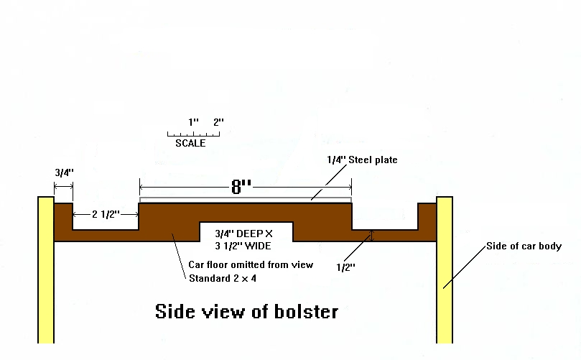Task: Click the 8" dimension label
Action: tap(241, 188)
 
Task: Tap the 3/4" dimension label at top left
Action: tap(64, 172)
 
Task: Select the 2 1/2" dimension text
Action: tap(106, 214)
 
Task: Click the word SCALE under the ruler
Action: tap(190, 144)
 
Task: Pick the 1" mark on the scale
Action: tap(193, 122)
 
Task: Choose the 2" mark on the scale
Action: tap(218, 122)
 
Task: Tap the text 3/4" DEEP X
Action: tap(246, 232)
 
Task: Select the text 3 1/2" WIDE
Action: tap(246, 245)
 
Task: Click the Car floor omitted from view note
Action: tap(251, 264)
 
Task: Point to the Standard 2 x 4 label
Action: tap(223, 277)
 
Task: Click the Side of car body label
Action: tap(524, 246)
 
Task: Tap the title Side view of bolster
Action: tap(246, 313)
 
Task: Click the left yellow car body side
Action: tap(46, 273)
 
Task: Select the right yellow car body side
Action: tap(444, 273)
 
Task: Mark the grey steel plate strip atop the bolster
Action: tap(245, 200)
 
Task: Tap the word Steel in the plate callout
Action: tap(365, 160)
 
